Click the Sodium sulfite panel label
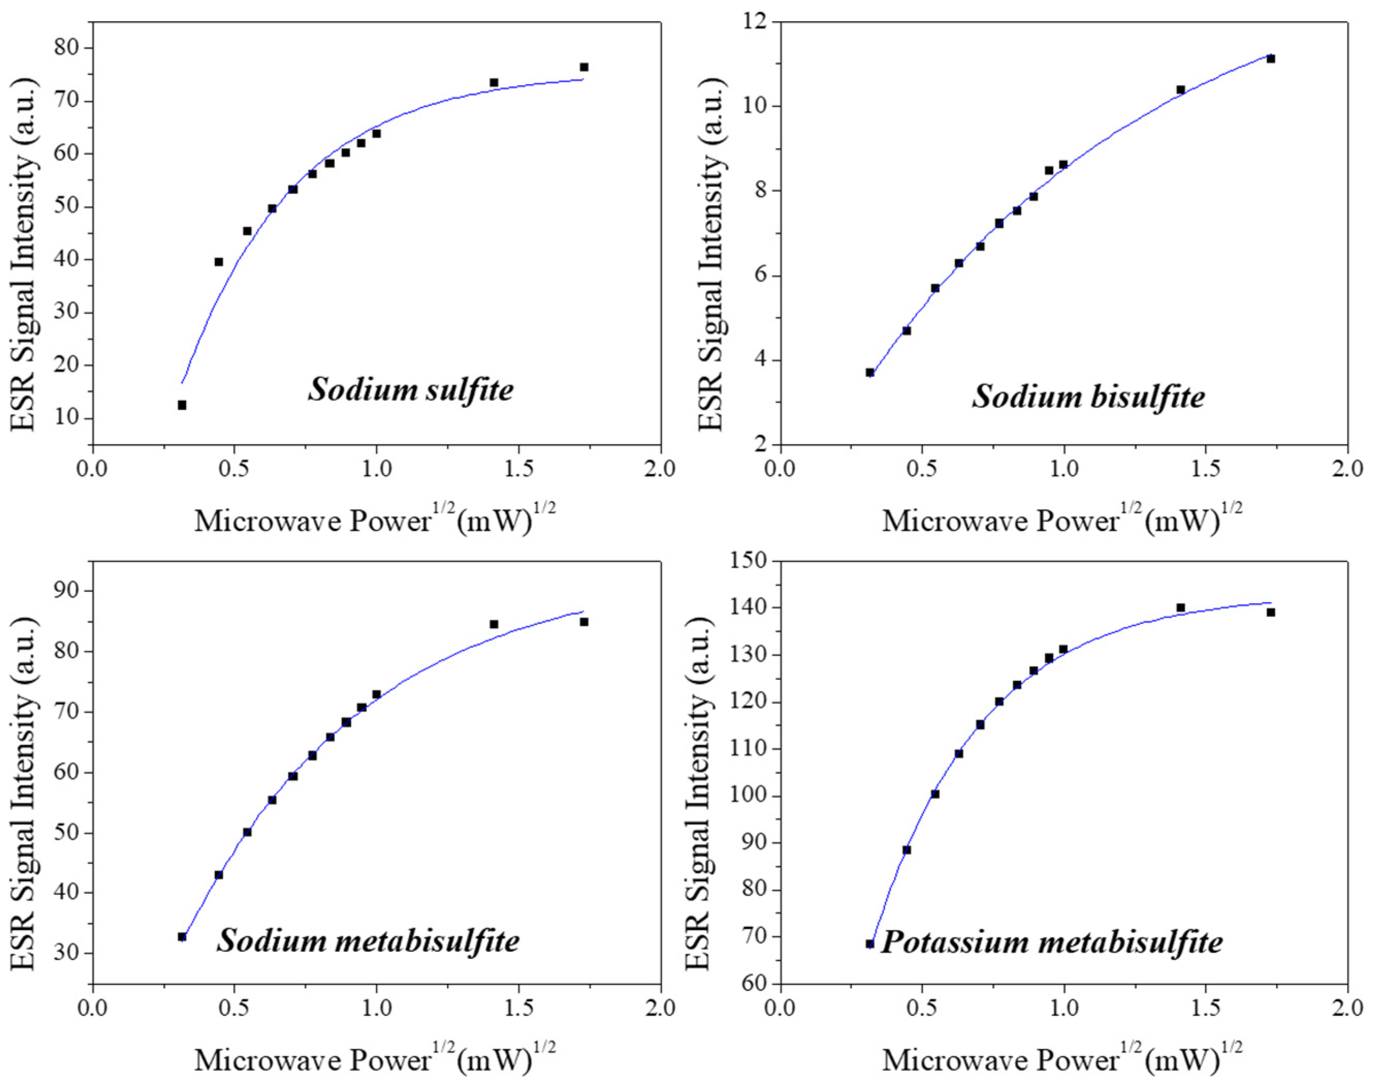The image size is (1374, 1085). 411,389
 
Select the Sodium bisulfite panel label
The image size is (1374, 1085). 1088,397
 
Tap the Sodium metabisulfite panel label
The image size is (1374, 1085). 368,941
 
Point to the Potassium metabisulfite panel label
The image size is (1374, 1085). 1052,941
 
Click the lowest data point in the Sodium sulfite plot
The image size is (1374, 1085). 182,405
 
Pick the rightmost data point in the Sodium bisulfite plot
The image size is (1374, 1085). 1270,59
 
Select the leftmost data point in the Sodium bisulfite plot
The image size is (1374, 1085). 870,373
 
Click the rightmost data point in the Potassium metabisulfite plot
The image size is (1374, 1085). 1270,612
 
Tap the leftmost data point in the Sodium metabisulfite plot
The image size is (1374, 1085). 182,937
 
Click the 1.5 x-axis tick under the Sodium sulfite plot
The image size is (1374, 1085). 518,469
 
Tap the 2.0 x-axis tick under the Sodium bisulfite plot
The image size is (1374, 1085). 1347,469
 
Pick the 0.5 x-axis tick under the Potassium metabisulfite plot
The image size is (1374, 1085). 922,1009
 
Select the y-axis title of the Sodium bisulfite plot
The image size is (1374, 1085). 711,254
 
